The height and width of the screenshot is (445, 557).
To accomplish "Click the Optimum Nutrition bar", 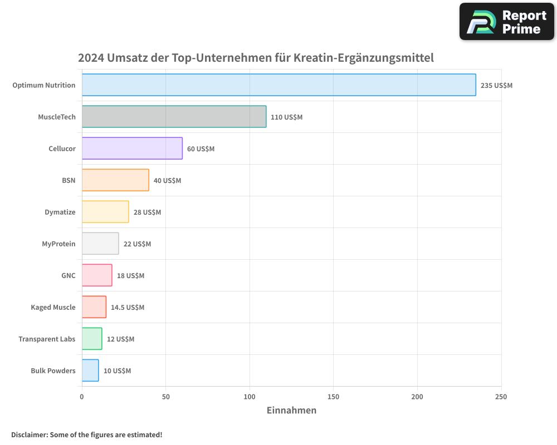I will [278, 85].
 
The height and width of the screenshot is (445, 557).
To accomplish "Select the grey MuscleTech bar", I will [174, 117].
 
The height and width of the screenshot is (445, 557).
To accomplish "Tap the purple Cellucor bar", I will [132, 149].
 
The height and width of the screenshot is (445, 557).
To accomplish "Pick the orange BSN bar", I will [115, 180].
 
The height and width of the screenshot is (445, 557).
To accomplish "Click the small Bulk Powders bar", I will [90, 370].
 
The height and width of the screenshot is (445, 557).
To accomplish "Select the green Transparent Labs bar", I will [92, 339].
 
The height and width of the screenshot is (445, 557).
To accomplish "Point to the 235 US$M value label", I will [496, 86].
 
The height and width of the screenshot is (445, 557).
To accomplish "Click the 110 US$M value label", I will [286, 117].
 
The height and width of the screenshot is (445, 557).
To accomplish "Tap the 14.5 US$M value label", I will [127, 308].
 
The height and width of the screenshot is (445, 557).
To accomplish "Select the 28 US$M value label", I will [147, 212].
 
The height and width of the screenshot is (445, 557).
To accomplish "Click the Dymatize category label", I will [60, 212].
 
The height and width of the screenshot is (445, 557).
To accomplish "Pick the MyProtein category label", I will [58, 244].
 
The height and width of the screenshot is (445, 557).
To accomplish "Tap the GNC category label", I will [68, 275].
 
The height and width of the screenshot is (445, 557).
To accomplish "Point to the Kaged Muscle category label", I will [53, 307].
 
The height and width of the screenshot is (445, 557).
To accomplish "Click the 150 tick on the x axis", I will [333, 397].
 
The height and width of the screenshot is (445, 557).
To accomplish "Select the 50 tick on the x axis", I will [165, 397].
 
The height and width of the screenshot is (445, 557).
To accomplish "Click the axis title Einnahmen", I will [291, 411].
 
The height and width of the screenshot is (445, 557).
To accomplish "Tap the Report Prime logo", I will [506, 22].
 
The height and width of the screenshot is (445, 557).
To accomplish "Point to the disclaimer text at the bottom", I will [86, 434].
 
